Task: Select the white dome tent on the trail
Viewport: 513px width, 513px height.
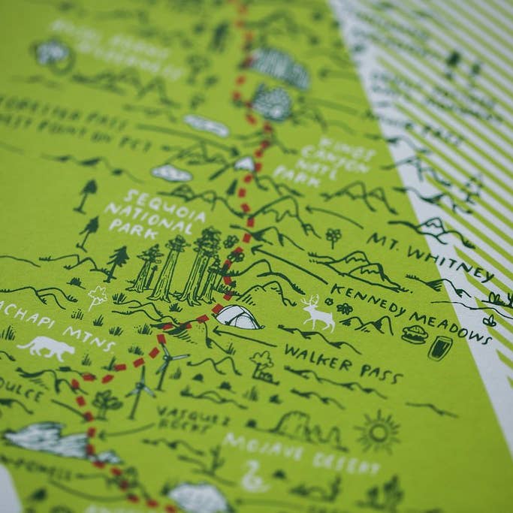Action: tap(237, 317)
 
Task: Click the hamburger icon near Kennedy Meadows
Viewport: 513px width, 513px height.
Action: tap(414, 334)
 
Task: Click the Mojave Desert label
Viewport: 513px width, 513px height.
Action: tap(301, 453)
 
